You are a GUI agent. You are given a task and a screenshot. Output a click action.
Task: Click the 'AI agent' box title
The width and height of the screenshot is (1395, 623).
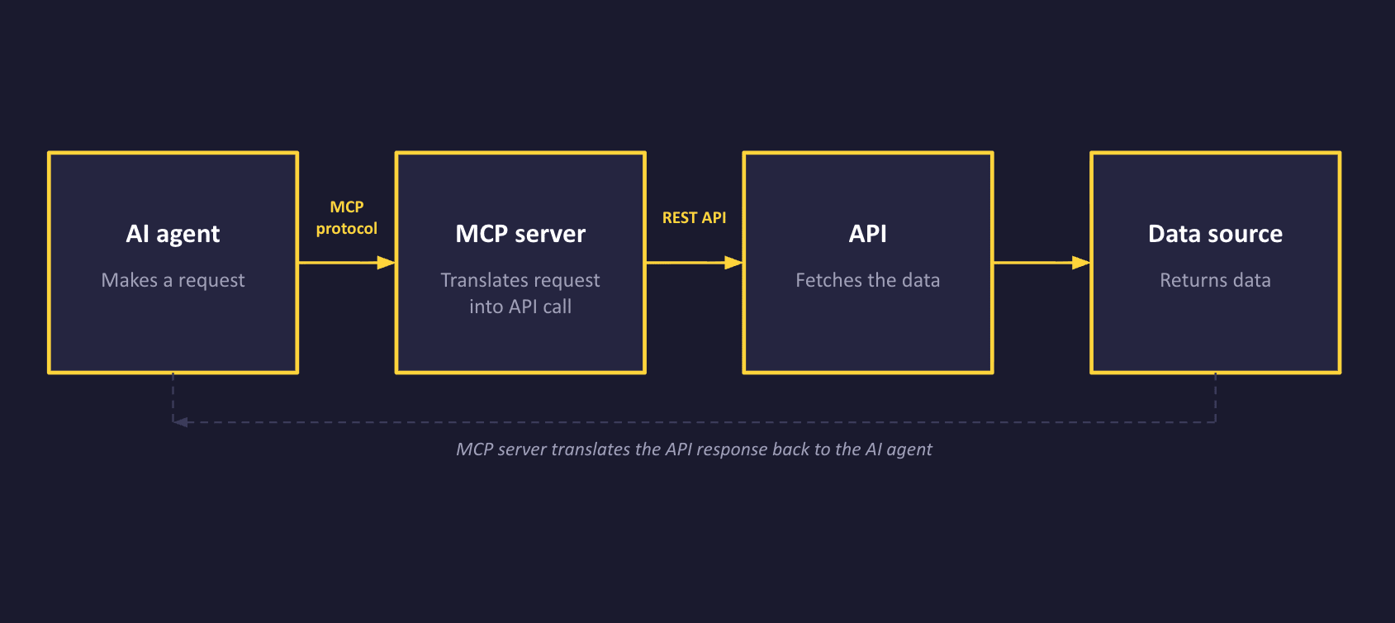pos(173,234)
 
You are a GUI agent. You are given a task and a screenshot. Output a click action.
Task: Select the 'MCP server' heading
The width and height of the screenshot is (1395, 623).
pos(520,234)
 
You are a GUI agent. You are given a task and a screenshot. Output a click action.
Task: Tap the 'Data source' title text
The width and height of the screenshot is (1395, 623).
pos(1215,234)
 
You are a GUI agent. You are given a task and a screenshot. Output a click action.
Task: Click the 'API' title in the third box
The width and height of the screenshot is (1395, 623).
pos(867,234)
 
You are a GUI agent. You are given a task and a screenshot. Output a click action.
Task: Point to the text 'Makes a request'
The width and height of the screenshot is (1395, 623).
pos(173,280)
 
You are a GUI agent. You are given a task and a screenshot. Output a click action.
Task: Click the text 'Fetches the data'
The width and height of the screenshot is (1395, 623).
pos(867,280)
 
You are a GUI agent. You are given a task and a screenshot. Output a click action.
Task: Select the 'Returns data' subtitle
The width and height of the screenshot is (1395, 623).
pos(1215,280)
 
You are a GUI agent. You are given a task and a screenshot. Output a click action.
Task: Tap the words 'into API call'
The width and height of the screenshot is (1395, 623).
pos(520,307)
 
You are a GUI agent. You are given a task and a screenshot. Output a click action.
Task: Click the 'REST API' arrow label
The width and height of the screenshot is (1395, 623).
pos(694,217)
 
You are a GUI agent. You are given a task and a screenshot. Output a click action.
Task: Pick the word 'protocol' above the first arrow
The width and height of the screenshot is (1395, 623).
pos(346,228)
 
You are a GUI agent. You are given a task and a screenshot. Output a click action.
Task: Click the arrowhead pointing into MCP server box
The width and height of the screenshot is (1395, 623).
pos(386,263)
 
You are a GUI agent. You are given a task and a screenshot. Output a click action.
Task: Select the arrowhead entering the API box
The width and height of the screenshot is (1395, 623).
pos(733,263)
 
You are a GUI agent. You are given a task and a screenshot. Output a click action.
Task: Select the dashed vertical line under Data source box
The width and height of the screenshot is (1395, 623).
pos(1215,397)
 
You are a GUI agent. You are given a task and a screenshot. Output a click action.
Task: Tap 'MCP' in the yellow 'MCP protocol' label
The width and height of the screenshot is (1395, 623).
pos(346,207)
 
